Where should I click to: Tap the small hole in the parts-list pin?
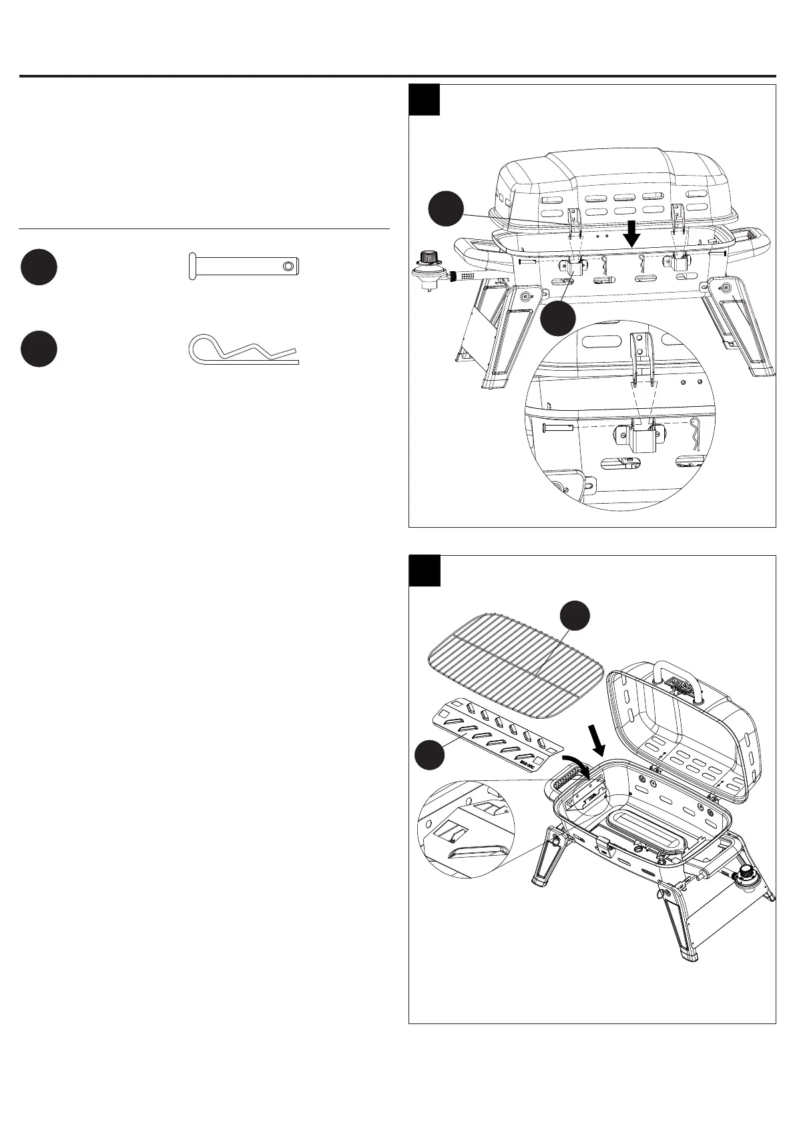tap(287, 267)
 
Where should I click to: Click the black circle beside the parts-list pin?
tap(39, 267)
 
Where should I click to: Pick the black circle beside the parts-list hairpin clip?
tap(39, 349)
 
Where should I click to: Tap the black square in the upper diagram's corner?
tap(425, 100)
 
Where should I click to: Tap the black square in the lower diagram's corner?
tap(425, 571)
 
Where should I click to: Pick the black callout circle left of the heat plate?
tap(431, 755)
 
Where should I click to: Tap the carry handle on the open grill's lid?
tap(683, 678)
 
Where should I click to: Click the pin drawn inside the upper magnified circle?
tap(558, 427)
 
